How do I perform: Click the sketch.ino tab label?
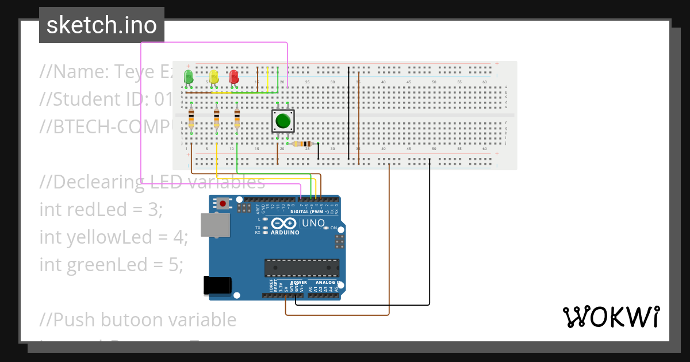click(x=101, y=25)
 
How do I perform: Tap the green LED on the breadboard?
click(x=188, y=76)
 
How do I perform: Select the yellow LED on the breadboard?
click(x=214, y=76)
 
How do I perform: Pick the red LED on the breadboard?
click(x=234, y=76)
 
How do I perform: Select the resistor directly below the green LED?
click(x=191, y=118)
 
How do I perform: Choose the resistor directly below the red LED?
click(x=237, y=118)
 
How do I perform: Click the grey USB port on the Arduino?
click(x=216, y=225)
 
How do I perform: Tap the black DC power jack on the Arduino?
click(x=218, y=286)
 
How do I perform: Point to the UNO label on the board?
click(x=313, y=223)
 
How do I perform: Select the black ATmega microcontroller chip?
click(x=301, y=268)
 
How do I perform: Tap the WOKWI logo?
click(x=611, y=317)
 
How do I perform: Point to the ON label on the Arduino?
click(x=333, y=228)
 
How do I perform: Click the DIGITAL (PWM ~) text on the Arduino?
click(x=309, y=211)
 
